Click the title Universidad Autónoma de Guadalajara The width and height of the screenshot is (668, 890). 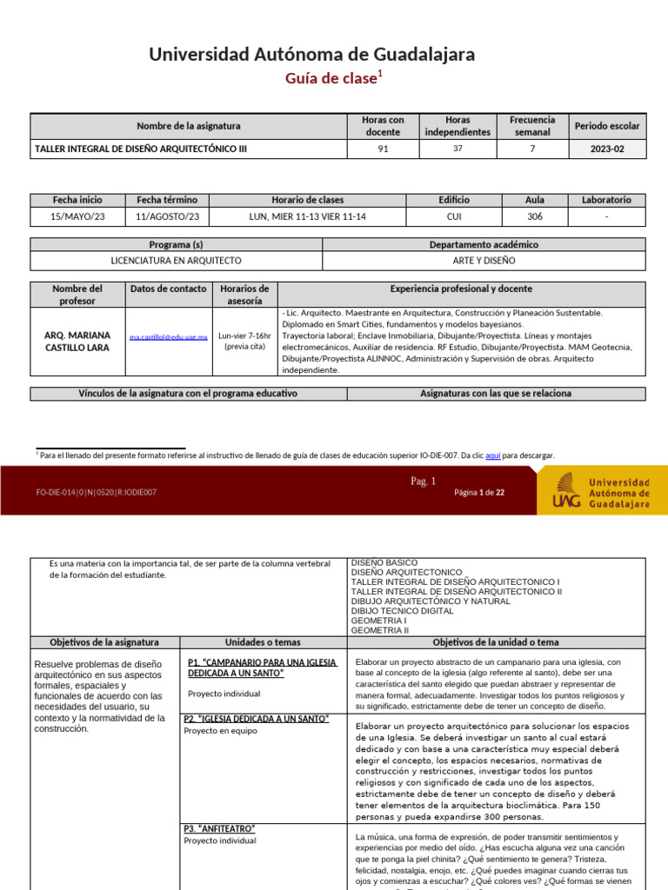coord(312,55)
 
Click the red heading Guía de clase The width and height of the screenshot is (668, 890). coord(333,79)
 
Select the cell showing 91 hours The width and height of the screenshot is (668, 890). coord(383,149)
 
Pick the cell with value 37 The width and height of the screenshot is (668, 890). coord(458,149)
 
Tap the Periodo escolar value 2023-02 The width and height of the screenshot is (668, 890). coord(607,149)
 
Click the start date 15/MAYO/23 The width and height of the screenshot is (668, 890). coord(77,216)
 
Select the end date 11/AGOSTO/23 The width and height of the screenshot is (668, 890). coord(167,216)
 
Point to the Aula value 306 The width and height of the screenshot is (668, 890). coord(535,216)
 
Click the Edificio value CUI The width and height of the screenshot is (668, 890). coord(454,216)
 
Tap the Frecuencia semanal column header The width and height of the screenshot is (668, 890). coord(532,126)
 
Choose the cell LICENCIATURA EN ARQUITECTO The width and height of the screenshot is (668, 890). coord(177,260)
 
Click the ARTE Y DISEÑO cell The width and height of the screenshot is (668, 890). coord(484,260)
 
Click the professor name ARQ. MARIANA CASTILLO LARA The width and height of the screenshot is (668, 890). coord(77,342)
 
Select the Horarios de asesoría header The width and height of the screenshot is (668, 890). coord(244,295)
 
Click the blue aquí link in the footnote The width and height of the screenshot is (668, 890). coord(492,455)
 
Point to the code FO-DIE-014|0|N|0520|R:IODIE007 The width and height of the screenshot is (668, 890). coord(97,493)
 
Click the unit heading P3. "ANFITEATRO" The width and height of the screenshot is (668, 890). coord(218,828)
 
